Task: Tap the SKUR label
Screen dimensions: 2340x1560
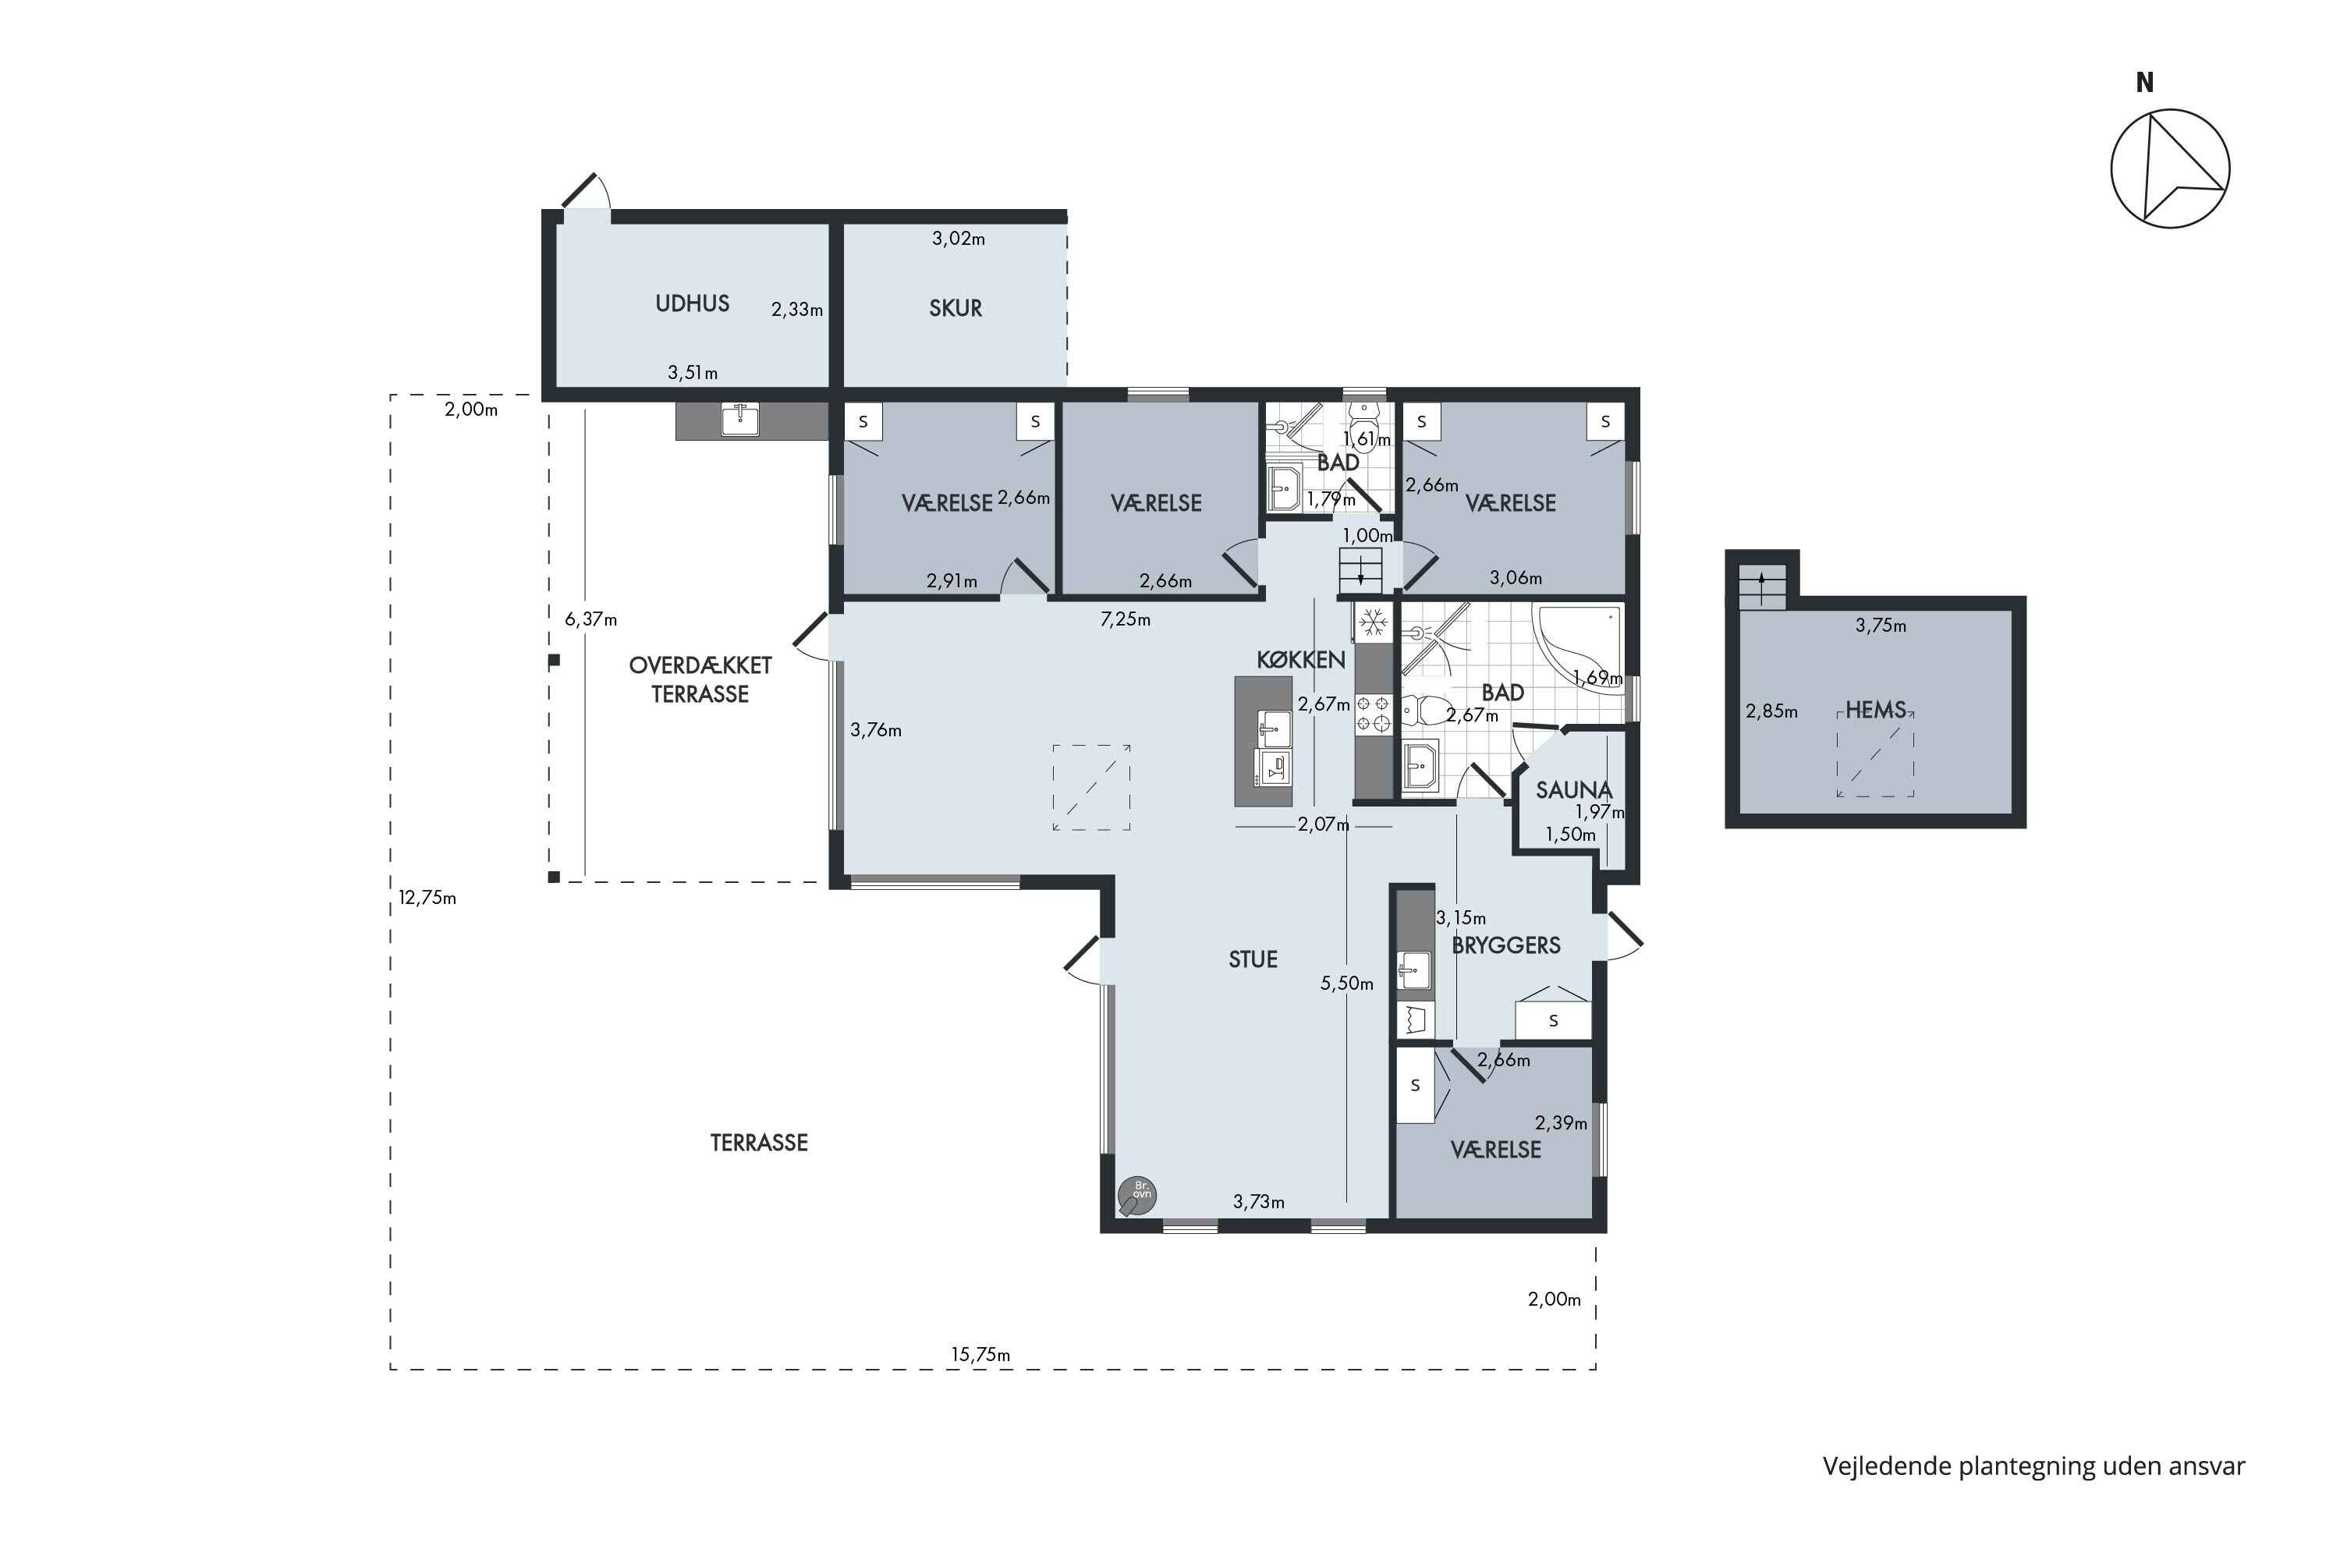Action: point(955,308)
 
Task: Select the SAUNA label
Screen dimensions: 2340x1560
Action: point(1573,790)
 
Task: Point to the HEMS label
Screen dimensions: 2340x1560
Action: point(1875,711)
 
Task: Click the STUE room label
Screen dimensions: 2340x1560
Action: point(1253,959)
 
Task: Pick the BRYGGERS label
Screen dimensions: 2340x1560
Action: point(1506,945)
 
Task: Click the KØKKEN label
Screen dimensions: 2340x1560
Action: point(1300,660)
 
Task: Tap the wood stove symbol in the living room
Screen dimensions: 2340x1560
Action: point(1136,1196)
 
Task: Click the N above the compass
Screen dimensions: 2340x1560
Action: point(2144,83)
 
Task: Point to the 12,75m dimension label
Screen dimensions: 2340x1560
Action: point(427,898)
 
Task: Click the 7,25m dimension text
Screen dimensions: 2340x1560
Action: point(1126,619)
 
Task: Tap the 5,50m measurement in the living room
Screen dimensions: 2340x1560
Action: point(1346,983)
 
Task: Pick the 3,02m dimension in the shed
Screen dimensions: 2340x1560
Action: point(958,239)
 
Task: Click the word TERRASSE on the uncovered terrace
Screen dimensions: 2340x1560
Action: point(758,1142)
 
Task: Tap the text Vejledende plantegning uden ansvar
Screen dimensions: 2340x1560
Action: point(2033,1466)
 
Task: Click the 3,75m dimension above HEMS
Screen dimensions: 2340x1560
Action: point(1881,626)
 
